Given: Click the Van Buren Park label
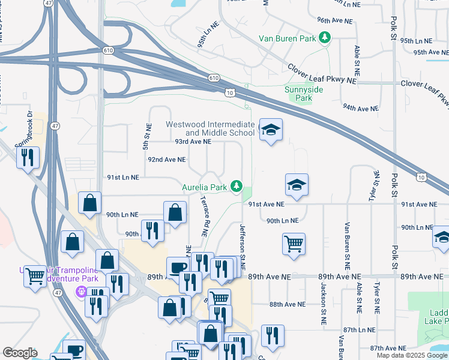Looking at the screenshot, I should click(287, 38).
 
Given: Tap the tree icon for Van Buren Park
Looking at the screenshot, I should click(325, 38).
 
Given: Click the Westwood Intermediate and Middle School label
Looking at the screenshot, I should click(210, 128).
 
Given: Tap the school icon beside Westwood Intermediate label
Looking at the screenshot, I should click(270, 130).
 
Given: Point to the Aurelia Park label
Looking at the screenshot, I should click(205, 187).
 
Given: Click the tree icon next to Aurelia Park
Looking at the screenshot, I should click(238, 187).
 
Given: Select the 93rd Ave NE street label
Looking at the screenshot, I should click(193, 142).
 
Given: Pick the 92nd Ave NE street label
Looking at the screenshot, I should click(167, 160).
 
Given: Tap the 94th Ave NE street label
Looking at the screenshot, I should click(361, 108).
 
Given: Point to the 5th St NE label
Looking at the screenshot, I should click(146, 136).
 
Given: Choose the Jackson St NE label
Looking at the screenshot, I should click(324, 310).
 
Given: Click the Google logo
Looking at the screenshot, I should click(20, 353).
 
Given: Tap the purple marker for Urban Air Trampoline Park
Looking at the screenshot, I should click(80, 292).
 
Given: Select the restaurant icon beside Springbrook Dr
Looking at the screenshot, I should click(27, 158).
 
